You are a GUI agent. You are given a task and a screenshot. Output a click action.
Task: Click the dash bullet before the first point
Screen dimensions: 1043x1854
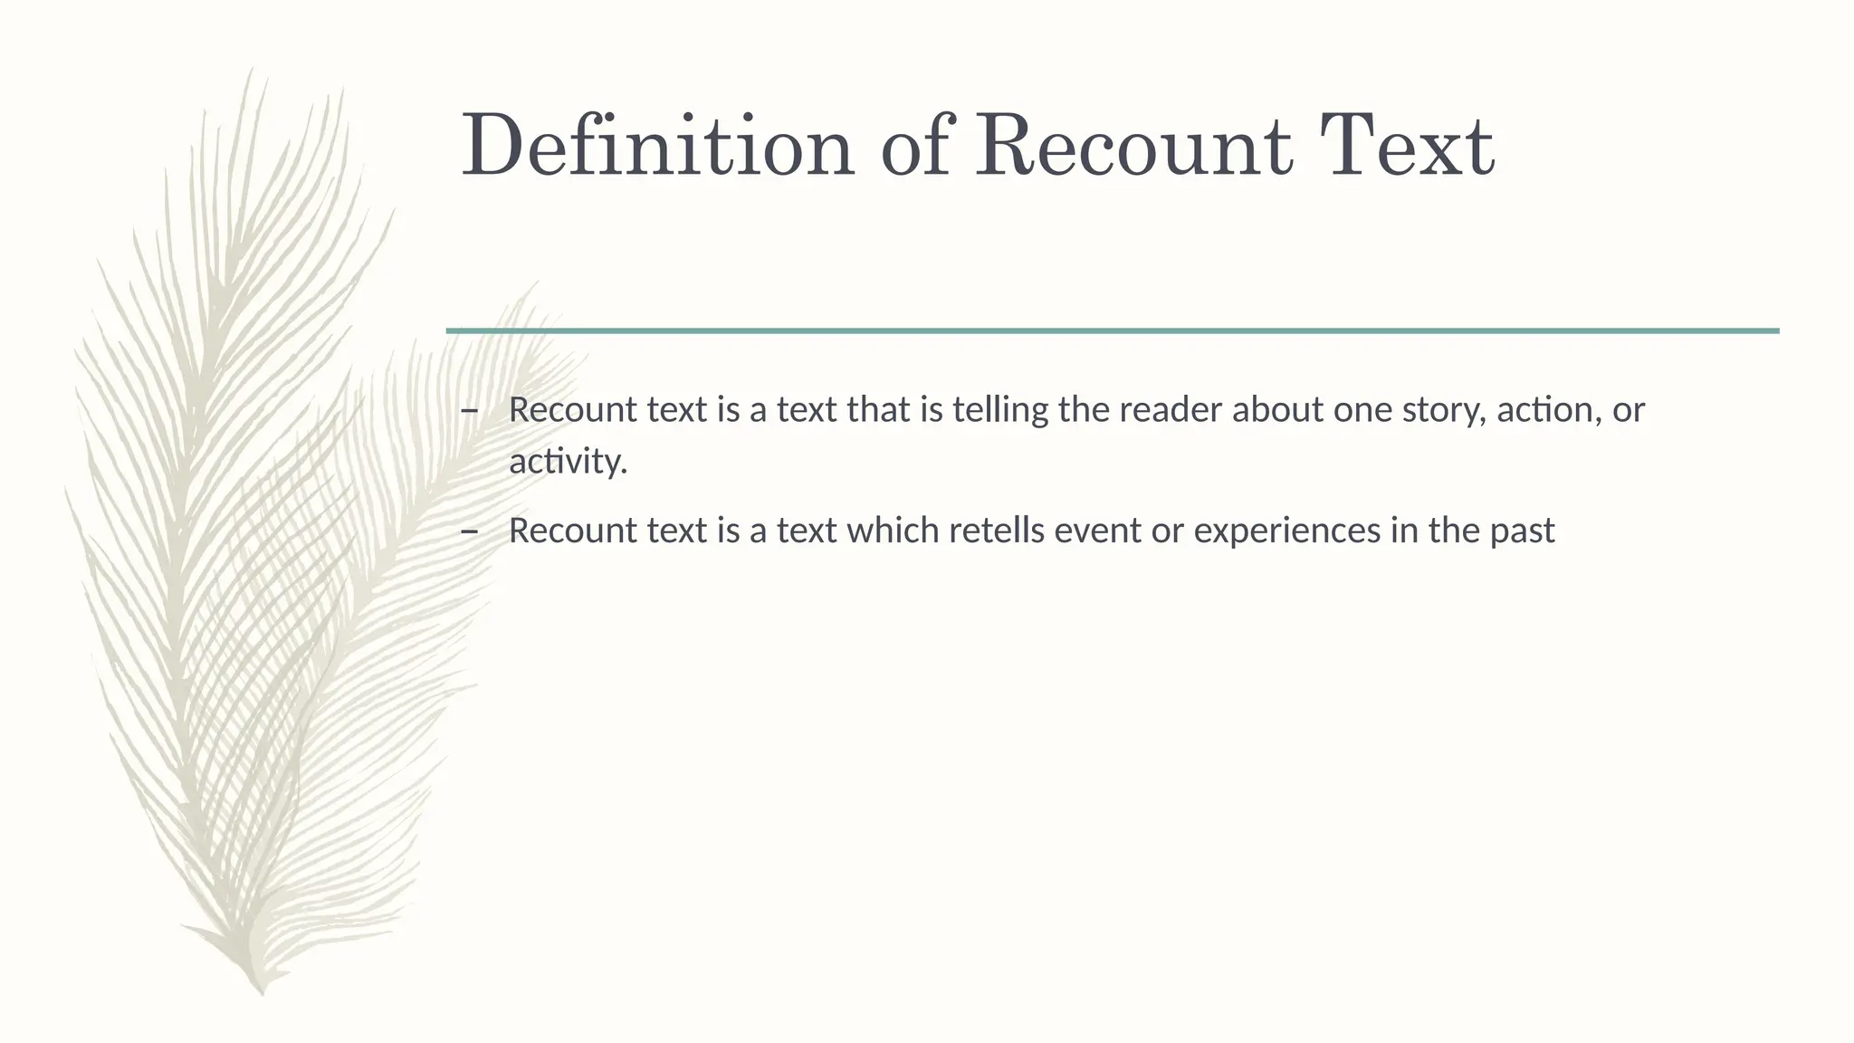pyautogui.click(x=469, y=411)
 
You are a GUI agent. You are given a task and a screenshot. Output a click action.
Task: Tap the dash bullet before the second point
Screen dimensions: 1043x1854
pyautogui.click(x=469, y=531)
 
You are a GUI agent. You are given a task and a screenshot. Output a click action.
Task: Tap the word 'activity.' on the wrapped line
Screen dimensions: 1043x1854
pyautogui.click(x=568, y=462)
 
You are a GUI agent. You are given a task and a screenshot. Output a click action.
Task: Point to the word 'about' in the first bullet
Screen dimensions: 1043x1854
pyautogui.click(x=1276, y=410)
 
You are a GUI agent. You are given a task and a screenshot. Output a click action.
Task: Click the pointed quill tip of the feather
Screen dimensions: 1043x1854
pyautogui.click(x=262, y=992)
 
